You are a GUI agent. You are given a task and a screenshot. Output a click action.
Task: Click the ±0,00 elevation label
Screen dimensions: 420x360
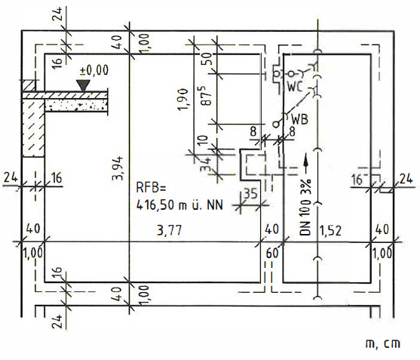94,70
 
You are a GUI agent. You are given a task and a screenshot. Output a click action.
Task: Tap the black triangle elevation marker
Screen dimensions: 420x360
84,85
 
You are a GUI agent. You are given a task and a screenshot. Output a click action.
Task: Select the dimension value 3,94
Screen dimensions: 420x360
118,168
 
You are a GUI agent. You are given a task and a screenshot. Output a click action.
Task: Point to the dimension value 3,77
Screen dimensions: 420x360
170,230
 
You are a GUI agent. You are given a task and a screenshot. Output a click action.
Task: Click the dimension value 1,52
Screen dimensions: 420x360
330,230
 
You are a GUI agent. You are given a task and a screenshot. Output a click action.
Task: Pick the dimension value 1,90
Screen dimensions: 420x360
183,99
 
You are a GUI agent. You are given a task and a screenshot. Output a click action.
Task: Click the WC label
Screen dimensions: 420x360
295,87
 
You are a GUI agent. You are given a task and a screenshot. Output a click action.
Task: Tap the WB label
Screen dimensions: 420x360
299,119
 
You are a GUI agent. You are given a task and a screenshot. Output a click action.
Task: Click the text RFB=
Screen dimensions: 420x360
152,187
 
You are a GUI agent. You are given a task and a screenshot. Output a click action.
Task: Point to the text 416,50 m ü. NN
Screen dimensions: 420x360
179,205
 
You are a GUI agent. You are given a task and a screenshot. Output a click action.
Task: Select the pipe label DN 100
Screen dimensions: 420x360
305,217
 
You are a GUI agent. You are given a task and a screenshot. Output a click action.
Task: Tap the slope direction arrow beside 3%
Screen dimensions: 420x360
305,164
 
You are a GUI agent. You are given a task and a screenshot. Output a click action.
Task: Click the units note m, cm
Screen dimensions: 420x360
383,344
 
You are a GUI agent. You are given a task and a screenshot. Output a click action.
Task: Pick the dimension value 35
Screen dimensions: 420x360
250,193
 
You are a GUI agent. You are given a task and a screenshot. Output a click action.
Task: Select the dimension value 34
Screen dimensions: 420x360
206,164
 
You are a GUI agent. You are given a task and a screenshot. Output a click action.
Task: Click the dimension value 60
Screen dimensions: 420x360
272,253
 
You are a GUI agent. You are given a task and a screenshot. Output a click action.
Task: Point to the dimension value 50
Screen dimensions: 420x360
208,59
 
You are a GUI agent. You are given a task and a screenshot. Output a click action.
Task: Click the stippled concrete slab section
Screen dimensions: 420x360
76,105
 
